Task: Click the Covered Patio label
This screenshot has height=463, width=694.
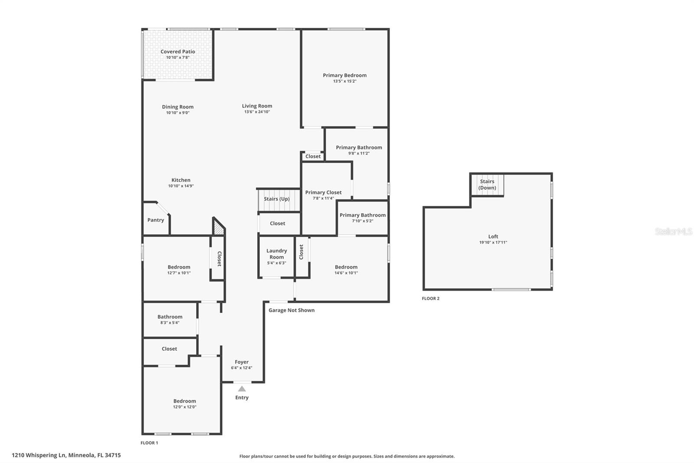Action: click(x=177, y=52)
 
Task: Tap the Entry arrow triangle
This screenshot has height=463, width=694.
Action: click(x=242, y=389)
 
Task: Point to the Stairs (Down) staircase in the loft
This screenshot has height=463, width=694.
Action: click(x=487, y=185)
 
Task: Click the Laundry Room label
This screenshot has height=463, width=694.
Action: click(x=276, y=254)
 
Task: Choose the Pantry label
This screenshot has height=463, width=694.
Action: click(x=156, y=220)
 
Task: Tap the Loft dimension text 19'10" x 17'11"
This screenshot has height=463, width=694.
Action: click(x=493, y=242)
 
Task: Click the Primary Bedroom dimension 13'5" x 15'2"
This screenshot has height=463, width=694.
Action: click(x=344, y=81)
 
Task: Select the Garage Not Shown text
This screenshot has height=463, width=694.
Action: click(x=291, y=310)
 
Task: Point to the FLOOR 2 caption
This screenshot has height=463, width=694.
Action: click(x=430, y=298)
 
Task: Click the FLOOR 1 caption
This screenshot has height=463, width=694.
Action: click(x=149, y=443)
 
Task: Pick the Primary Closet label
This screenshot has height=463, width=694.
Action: click(x=323, y=192)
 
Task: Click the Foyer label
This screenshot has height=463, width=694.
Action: click(x=242, y=362)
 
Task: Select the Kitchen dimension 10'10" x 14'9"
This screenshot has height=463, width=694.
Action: click(x=181, y=186)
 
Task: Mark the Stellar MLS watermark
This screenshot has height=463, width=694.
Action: click(x=673, y=231)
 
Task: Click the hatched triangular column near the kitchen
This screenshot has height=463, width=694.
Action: click(x=218, y=228)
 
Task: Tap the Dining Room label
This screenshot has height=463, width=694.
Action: click(x=177, y=107)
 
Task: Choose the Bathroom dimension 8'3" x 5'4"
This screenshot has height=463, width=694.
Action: click(x=170, y=323)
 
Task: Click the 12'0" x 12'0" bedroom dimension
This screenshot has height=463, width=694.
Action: click(x=184, y=407)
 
